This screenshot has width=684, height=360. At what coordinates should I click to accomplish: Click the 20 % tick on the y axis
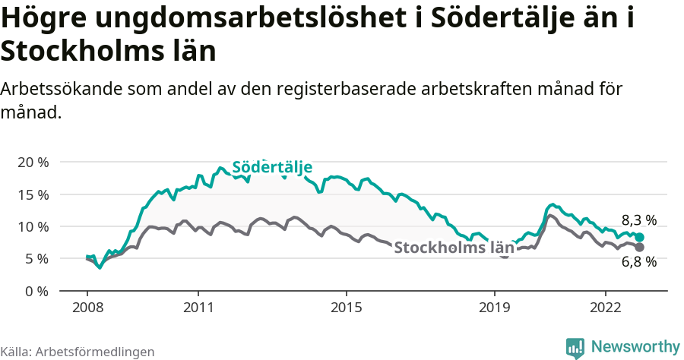tap(32, 163)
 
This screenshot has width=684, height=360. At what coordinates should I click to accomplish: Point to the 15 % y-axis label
tap(32, 194)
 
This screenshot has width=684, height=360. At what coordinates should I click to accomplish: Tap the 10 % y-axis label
tap(32, 226)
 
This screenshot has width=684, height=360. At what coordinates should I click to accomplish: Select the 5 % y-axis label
tap(35, 258)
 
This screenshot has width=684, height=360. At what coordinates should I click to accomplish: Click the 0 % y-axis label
tap(35, 291)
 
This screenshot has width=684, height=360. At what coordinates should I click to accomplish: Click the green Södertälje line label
tap(272, 167)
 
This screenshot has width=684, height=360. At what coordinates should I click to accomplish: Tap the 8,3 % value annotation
tap(638, 220)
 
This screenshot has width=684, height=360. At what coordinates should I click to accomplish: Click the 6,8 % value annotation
tap(638, 262)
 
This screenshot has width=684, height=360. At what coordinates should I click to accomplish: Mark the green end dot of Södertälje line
tap(640, 238)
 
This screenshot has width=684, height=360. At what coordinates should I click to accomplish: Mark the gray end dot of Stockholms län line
tap(640, 248)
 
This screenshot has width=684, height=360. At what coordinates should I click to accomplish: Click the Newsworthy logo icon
tap(575, 348)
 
